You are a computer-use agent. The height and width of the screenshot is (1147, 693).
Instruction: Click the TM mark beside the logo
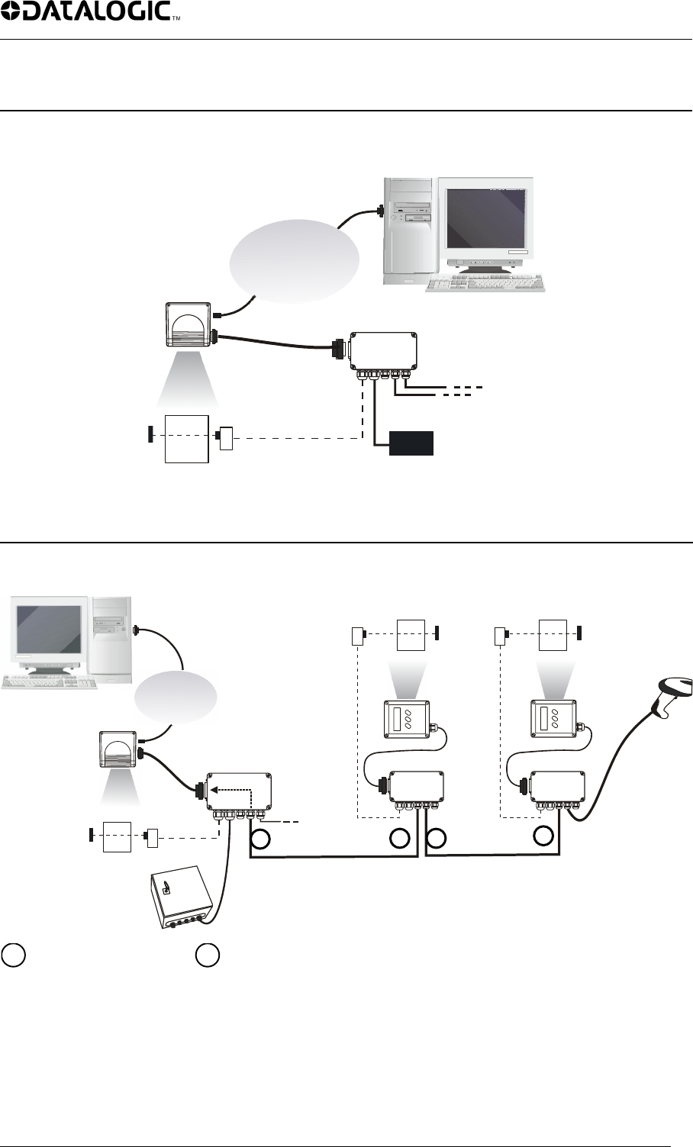(x=176, y=19)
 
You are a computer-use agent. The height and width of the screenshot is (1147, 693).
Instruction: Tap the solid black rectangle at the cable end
(x=411, y=443)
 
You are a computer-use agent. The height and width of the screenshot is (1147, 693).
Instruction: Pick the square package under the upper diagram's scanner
(x=187, y=438)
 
